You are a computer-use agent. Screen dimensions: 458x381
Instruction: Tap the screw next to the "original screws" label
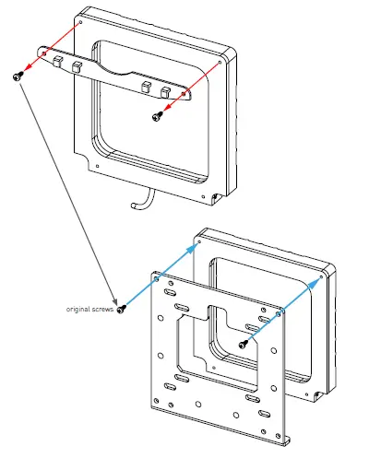point(120,307)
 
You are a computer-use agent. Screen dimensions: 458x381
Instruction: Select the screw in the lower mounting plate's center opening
point(243,344)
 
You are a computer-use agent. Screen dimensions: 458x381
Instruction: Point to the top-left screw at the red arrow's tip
point(17,77)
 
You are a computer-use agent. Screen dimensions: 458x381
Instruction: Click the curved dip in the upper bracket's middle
point(115,73)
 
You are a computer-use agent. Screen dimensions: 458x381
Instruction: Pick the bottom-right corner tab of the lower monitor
point(317,396)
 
